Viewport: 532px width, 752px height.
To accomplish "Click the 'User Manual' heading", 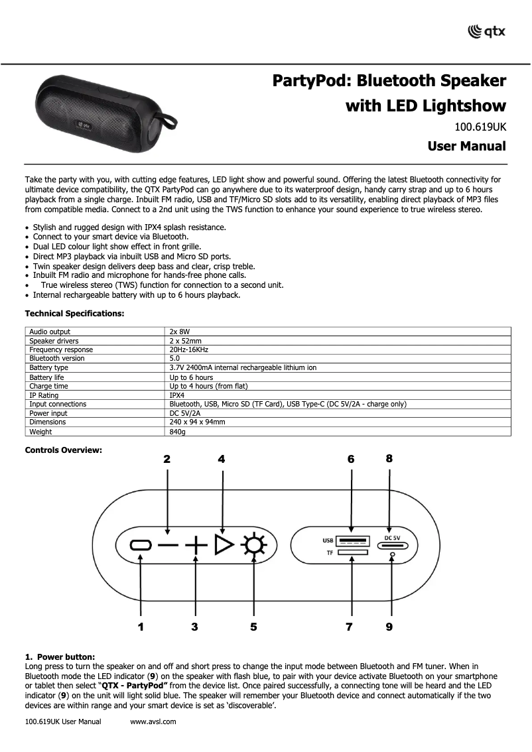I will (x=466, y=146).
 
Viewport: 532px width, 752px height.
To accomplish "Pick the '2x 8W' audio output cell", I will (x=180, y=332).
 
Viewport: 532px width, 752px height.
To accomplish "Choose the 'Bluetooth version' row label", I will (x=57, y=358).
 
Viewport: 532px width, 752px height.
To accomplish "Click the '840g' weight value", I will (x=177, y=432).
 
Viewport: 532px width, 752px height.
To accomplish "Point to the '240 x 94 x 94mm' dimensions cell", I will (x=197, y=422).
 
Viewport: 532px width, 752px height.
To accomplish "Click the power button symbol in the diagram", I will (x=141, y=545).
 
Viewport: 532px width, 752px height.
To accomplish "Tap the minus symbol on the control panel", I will (x=168, y=546).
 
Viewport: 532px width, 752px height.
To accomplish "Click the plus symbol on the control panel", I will (x=195, y=546).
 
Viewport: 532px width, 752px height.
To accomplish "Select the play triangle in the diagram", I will (x=224, y=545).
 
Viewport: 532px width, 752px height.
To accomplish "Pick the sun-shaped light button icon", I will (x=253, y=546).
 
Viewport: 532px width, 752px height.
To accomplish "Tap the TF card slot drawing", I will (x=352, y=553).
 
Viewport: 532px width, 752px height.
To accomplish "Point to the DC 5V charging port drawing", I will (x=392, y=546).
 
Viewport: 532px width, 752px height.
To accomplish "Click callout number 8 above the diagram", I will (x=389, y=458).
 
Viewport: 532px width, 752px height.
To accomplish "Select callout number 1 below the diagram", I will (x=141, y=626).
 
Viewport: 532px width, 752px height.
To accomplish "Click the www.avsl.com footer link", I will (x=154, y=721).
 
